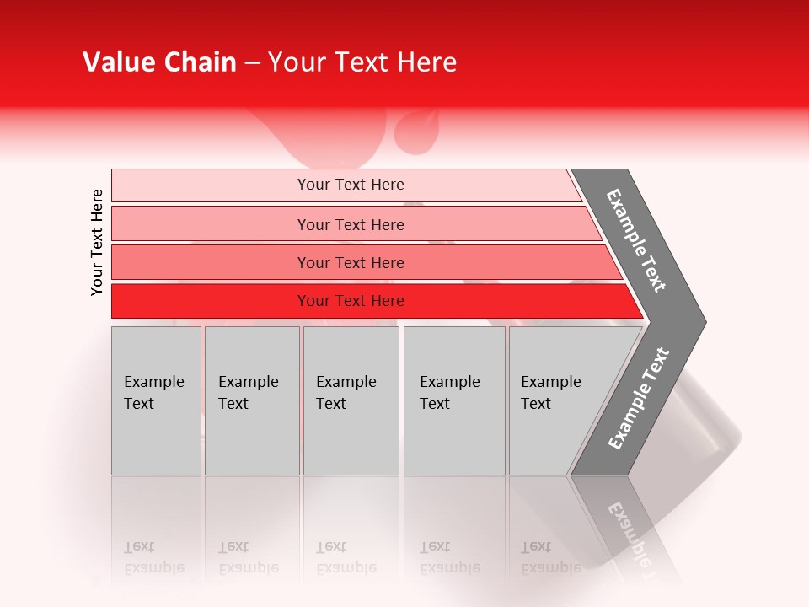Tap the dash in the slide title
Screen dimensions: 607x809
[252, 63]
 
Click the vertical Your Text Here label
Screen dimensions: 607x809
[97, 242]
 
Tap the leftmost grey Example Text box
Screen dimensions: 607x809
[156, 400]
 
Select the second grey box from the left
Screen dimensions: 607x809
[251, 400]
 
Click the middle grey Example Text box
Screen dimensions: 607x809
[351, 400]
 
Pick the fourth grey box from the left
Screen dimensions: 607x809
[453, 400]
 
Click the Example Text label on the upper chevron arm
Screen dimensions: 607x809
[636, 240]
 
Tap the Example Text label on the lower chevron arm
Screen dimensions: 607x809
[639, 399]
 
